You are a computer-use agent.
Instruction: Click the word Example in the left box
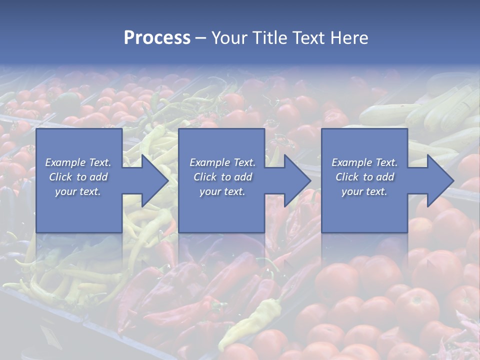coord(65,162)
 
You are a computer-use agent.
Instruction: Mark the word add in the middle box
coord(242,177)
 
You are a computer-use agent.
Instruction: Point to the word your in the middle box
coord(210,192)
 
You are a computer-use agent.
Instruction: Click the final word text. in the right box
coord(376,192)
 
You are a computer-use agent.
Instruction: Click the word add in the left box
coord(98,177)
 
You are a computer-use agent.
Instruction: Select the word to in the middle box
coord(226,177)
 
